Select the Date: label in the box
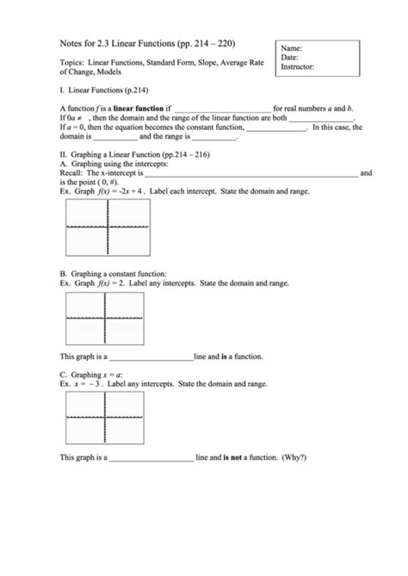(x=291, y=57)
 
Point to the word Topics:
(x=71, y=63)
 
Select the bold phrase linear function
(x=133, y=108)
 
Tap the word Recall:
(x=73, y=173)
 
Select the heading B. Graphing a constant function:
(x=113, y=272)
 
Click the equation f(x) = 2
(x=113, y=282)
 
